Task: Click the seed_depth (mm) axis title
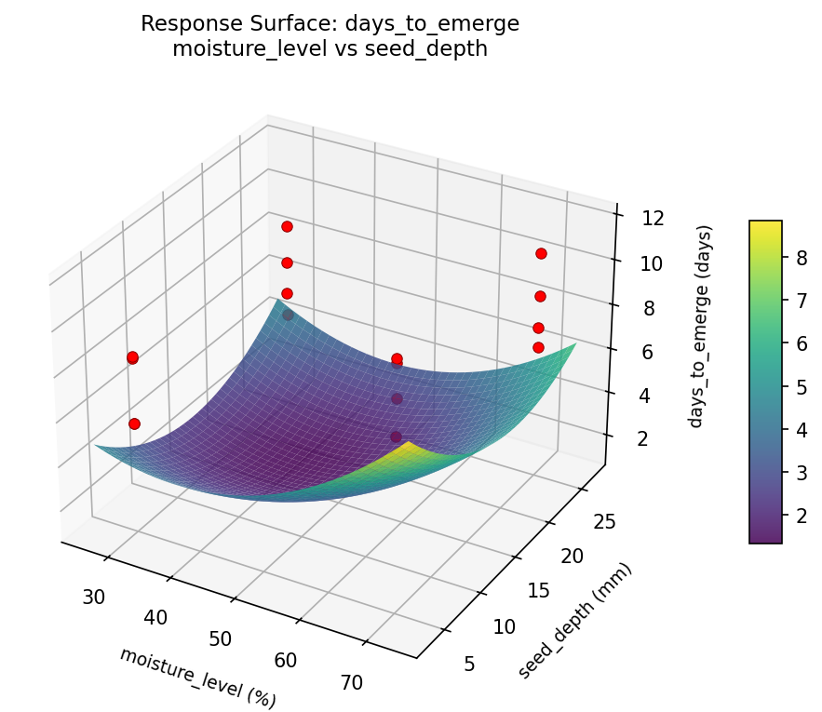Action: coord(574,621)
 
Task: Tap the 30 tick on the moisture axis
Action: coord(94,597)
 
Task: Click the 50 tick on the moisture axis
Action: coord(220,638)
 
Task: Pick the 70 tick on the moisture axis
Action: coord(351,682)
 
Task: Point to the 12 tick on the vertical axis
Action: coord(653,219)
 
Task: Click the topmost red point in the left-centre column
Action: coord(287,226)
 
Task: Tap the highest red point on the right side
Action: coord(541,253)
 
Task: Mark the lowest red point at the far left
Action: coord(134,423)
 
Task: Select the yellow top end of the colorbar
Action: coord(765,226)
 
